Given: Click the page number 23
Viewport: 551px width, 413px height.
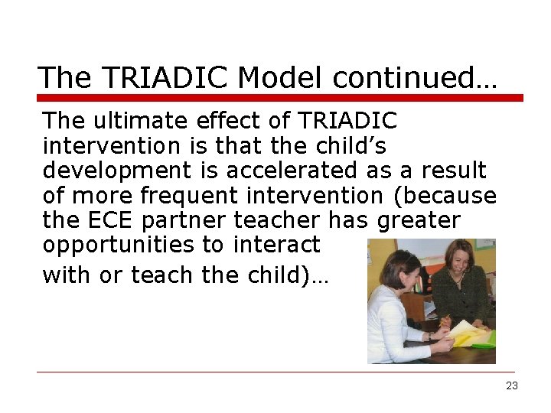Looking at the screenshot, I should tap(512, 385).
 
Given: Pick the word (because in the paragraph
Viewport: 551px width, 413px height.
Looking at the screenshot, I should tap(444, 196).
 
